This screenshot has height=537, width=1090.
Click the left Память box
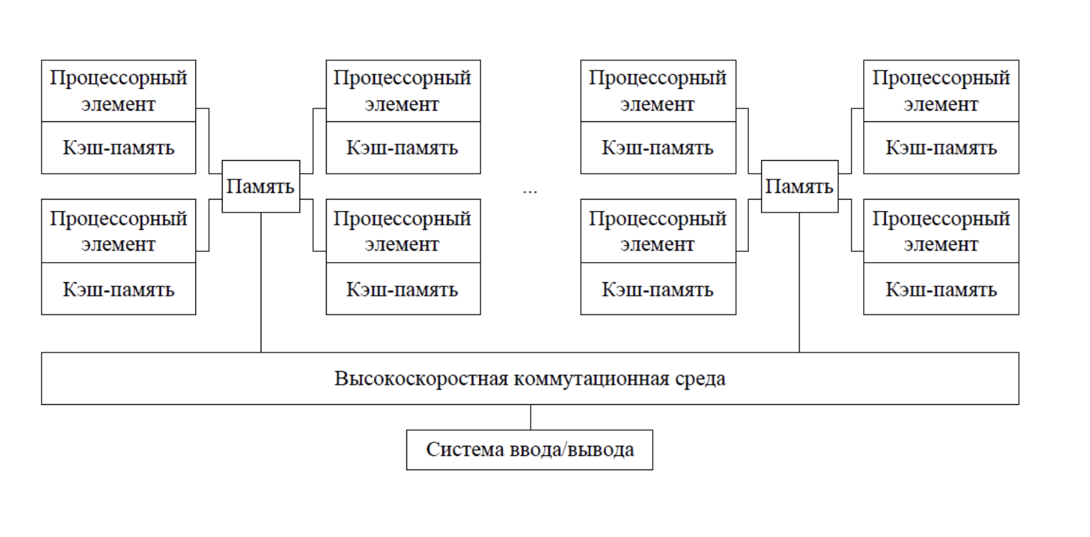[x=261, y=187]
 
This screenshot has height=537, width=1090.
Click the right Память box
[x=799, y=187]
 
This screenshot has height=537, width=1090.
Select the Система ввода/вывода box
[x=530, y=450]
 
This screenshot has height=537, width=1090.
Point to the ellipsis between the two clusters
[x=530, y=192]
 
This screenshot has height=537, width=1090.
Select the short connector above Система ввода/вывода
[x=531, y=417]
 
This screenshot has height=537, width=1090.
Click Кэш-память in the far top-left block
[x=118, y=148]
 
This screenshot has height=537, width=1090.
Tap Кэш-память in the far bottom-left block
[x=118, y=289]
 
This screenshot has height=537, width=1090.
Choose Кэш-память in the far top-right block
[x=941, y=148]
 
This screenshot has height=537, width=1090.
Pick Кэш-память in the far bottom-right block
[x=941, y=289]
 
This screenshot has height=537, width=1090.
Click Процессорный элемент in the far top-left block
[x=118, y=90]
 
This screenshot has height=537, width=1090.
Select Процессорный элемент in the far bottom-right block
[x=941, y=231]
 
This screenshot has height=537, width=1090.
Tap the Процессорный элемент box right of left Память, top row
[x=403, y=90]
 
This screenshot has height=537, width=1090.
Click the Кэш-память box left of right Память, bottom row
[x=658, y=289]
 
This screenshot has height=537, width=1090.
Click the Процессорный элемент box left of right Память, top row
[x=658, y=90]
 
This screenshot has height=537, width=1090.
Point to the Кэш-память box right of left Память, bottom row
[x=403, y=289]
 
